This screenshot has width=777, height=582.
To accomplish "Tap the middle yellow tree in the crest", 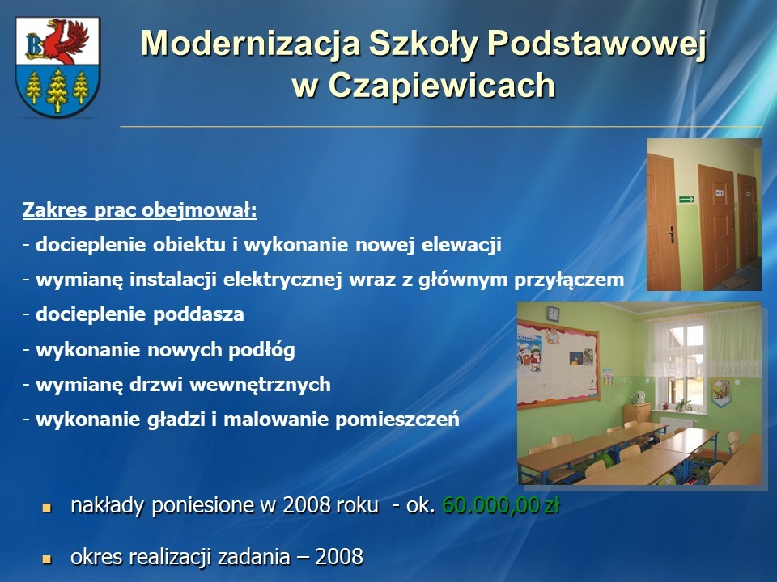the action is point(57,90).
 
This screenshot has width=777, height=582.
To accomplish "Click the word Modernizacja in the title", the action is point(250,44).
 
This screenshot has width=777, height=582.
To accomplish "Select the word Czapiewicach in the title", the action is point(442,85).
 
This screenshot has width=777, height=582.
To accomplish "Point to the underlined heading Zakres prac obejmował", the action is point(140,210).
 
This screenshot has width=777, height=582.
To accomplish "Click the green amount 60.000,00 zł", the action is point(501,505).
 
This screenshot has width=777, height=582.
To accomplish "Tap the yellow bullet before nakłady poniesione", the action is point(47,508).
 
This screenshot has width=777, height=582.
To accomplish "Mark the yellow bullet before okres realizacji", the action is point(47,559).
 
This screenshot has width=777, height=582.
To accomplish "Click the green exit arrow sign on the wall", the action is point(686,200).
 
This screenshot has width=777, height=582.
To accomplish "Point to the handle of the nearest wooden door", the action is point(670,234).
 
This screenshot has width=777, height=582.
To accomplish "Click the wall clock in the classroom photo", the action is point(553,314).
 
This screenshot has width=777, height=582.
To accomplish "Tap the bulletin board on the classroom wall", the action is point(558,365).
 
